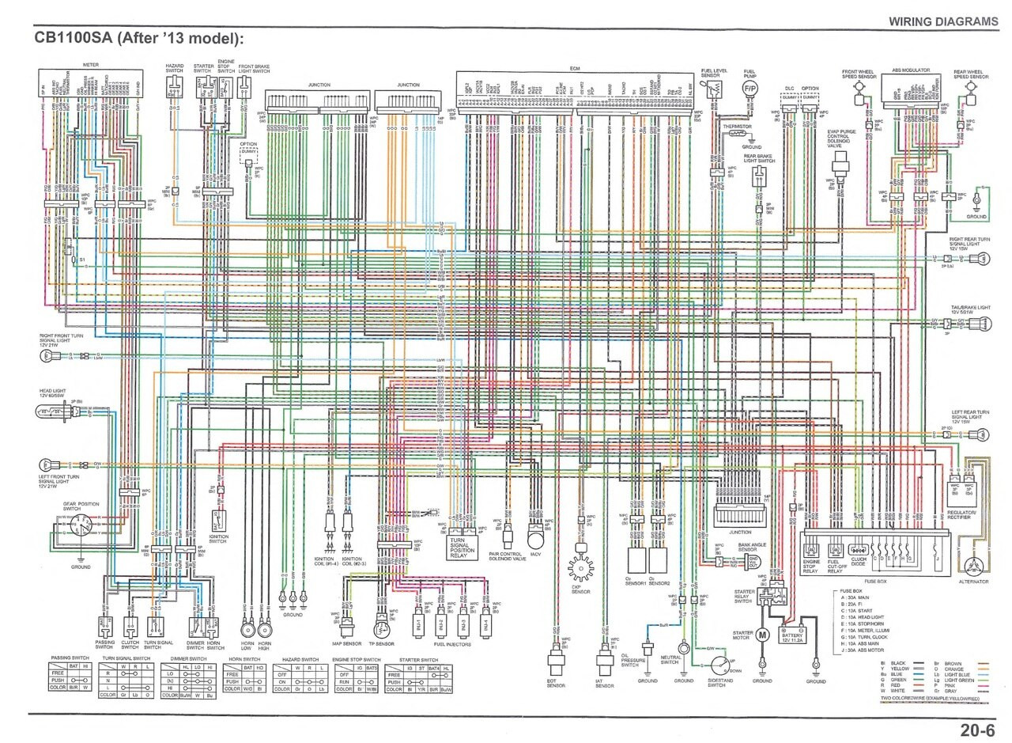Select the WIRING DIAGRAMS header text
point(942,21)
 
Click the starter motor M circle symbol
point(763,634)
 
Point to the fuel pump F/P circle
point(750,90)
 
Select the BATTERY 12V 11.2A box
point(794,635)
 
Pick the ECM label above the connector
point(575,70)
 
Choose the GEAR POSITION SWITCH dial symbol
point(80,526)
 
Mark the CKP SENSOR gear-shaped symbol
point(580,567)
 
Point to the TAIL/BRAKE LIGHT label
point(971,306)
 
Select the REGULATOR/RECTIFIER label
point(970,514)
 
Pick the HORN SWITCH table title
point(244,659)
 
